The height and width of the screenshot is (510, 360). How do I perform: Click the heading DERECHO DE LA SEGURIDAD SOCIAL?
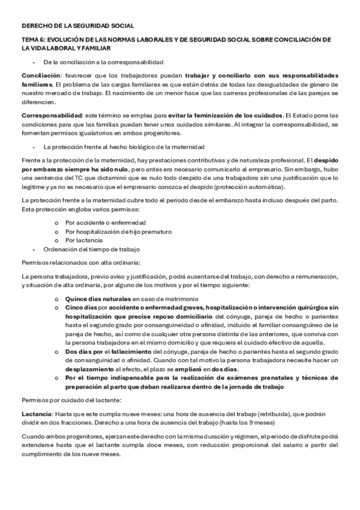(x=78, y=26)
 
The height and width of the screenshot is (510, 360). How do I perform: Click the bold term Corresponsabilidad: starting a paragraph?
(x=51, y=114)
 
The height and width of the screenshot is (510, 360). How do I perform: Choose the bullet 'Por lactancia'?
(x=85, y=240)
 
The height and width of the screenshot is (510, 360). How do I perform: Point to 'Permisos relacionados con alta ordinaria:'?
(x=81, y=262)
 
